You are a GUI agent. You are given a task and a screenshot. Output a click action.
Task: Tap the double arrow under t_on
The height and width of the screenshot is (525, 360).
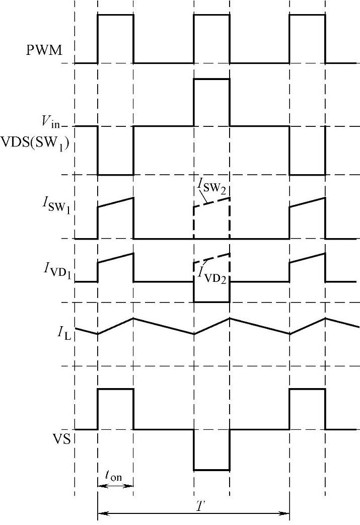115,486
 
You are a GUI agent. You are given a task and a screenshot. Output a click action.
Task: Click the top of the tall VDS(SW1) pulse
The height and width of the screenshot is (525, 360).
212,79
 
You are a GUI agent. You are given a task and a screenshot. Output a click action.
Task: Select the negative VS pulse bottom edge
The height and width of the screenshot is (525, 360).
212,470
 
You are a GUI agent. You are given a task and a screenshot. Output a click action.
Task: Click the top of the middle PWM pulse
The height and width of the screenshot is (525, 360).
212,15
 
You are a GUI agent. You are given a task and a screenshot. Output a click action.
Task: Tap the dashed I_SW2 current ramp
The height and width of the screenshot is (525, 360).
212,202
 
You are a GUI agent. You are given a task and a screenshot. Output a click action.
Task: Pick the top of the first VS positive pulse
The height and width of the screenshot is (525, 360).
115,389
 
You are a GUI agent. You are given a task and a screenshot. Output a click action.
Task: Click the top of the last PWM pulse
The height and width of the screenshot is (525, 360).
307,15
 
